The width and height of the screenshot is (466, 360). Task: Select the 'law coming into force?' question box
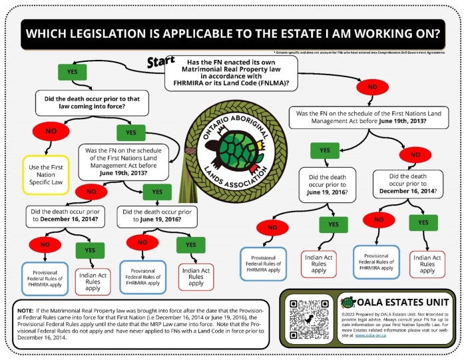[x=92, y=103]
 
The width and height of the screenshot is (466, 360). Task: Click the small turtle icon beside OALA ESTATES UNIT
[x=347, y=302]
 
